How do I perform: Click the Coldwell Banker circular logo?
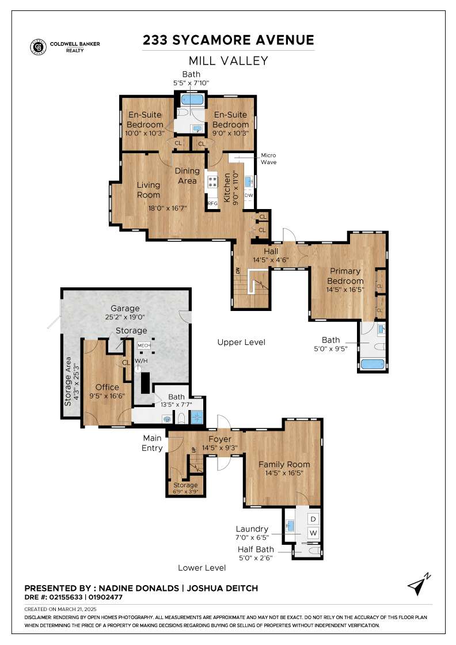pyautogui.click(x=38, y=47)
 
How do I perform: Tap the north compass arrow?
pyautogui.click(x=418, y=585)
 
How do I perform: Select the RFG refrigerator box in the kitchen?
pyautogui.click(x=212, y=203)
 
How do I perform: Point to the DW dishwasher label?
pyautogui.click(x=249, y=195)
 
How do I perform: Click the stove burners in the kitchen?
pyautogui.click(x=212, y=182)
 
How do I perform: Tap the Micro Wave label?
pyautogui.click(x=268, y=159)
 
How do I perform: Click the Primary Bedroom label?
pyautogui.click(x=345, y=276)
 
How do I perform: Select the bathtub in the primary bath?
pyautogui.click(x=373, y=365)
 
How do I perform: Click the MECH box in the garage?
pyautogui.click(x=144, y=346)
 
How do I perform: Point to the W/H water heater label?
pyautogui.click(x=141, y=361)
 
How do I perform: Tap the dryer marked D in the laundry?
pyautogui.click(x=313, y=519)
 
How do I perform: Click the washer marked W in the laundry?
pyautogui.click(x=313, y=533)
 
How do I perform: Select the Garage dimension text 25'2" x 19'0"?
pyautogui.click(x=125, y=317)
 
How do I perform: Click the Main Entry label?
pyautogui.click(x=152, y=443)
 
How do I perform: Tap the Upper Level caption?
pyautogui.click(x=241, y=342)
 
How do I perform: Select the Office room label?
pyautogui.click(x=107, y=387)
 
